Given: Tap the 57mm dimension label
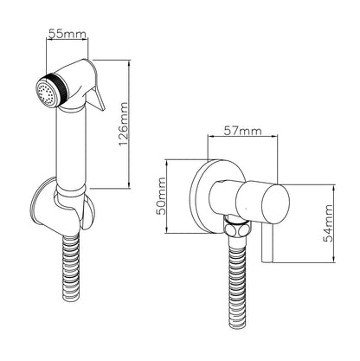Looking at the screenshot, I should click(x=241, y=132).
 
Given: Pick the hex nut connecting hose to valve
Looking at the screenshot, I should click(x=232, y=230).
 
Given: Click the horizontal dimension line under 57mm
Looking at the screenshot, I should click(x=241, y=141).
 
